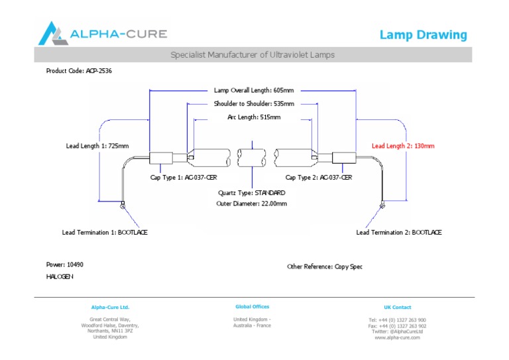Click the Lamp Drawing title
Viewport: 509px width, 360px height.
(x=423, y=35)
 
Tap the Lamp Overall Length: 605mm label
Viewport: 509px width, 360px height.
(x=254, y=90)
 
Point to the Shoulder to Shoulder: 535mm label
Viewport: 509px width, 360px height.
(x=254, y=104)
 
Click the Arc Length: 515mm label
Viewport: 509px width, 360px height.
(x=254, y=117)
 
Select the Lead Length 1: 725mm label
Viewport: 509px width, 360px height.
(x=97, y=146)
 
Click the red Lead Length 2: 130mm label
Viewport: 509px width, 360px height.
(x=403, y=146)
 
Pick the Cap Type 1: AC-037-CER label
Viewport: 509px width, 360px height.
(x=184, y=178)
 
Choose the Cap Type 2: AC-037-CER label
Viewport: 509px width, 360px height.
(x=318, y=178)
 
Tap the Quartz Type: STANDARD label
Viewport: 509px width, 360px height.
(x=252, y=192)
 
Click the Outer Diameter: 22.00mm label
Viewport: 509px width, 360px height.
(x=252, y=204)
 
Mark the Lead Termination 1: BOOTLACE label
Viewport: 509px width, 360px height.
(x=105, y=233)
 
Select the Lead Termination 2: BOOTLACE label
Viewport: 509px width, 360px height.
(x=399, y=233)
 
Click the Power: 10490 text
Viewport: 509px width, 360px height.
(x=65, y=265)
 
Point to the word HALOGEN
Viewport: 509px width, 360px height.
(x=60, y=276)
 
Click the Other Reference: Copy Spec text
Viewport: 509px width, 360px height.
(x=325, y=267)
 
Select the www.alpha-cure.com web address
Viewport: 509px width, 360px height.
(x=398, y=337)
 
